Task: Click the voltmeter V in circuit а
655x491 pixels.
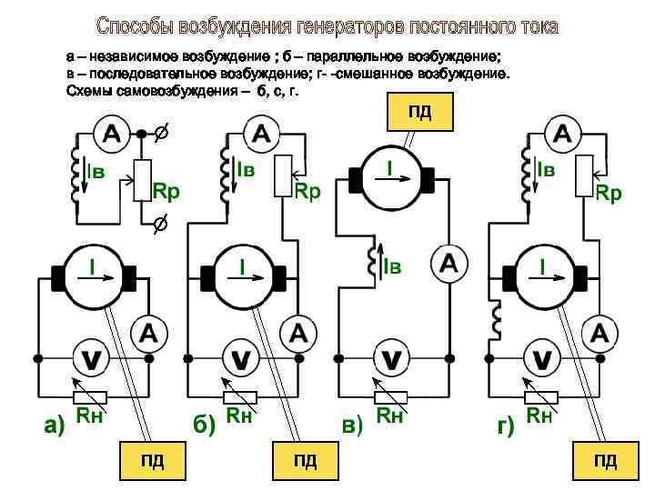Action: pyautogui.click(x=91, y=359)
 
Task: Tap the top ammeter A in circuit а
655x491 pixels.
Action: pyautogui.click(x=111, y=135)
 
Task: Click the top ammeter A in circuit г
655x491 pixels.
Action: pyautogui.click(x=562, y=135)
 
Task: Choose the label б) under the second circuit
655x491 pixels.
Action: pyautogui.click(x=202, y=425)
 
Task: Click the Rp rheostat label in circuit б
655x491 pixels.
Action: pyautogui.click(x=307, y=192)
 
